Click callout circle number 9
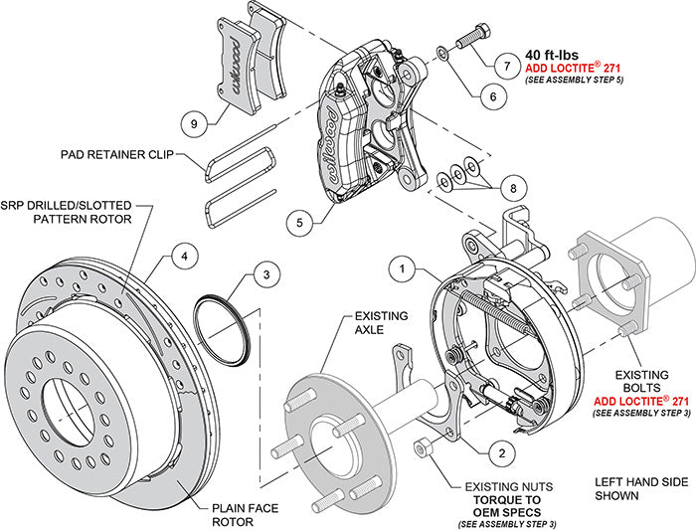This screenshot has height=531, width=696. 196,123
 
